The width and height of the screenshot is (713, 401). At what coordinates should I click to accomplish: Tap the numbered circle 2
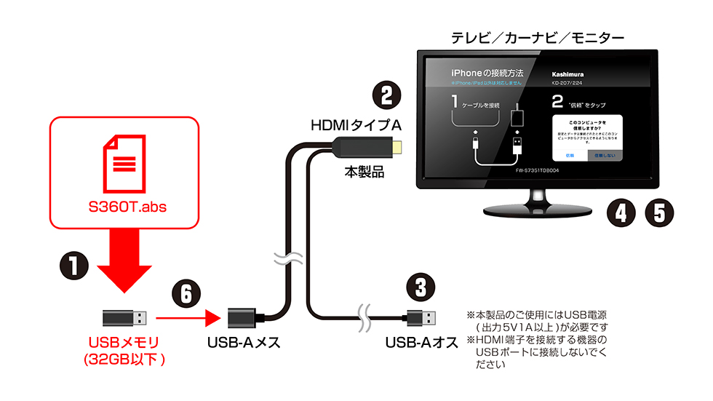point(387,96)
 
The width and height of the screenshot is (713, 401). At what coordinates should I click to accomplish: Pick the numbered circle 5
point(659,213)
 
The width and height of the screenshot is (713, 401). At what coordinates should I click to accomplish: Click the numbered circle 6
point(187,294)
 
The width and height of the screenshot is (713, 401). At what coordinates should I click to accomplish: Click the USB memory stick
point(124,318)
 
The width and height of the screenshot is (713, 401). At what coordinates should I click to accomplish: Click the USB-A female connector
point(245,319)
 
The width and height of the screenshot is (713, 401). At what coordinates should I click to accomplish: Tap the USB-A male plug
point(424,317)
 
